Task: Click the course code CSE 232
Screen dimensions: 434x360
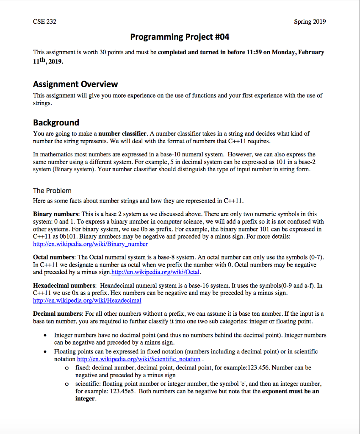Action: pyautogui.click(x=44, y=22)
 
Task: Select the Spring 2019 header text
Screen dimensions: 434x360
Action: pyautogui.click(x=310, y=22)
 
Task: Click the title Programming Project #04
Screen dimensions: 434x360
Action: pyautogui.click(x=180, y=37)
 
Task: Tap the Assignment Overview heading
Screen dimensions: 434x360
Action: pyautogui.click(x=75, y=84)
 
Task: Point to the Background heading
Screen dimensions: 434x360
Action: pyautogui.click(x=56, y=122)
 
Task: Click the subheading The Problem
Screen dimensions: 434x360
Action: pyautogui.click(x=52, y=190)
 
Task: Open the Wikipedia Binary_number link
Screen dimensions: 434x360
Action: pyautogui.click(x=90, y=244)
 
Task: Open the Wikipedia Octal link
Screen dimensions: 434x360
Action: pyautogui.click(x=155, y=272)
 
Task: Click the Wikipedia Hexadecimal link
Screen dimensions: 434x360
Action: pyautogui.click(x=87, y=300)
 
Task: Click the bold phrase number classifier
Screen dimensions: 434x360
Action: pyautogui.click(x=122, y=133)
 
